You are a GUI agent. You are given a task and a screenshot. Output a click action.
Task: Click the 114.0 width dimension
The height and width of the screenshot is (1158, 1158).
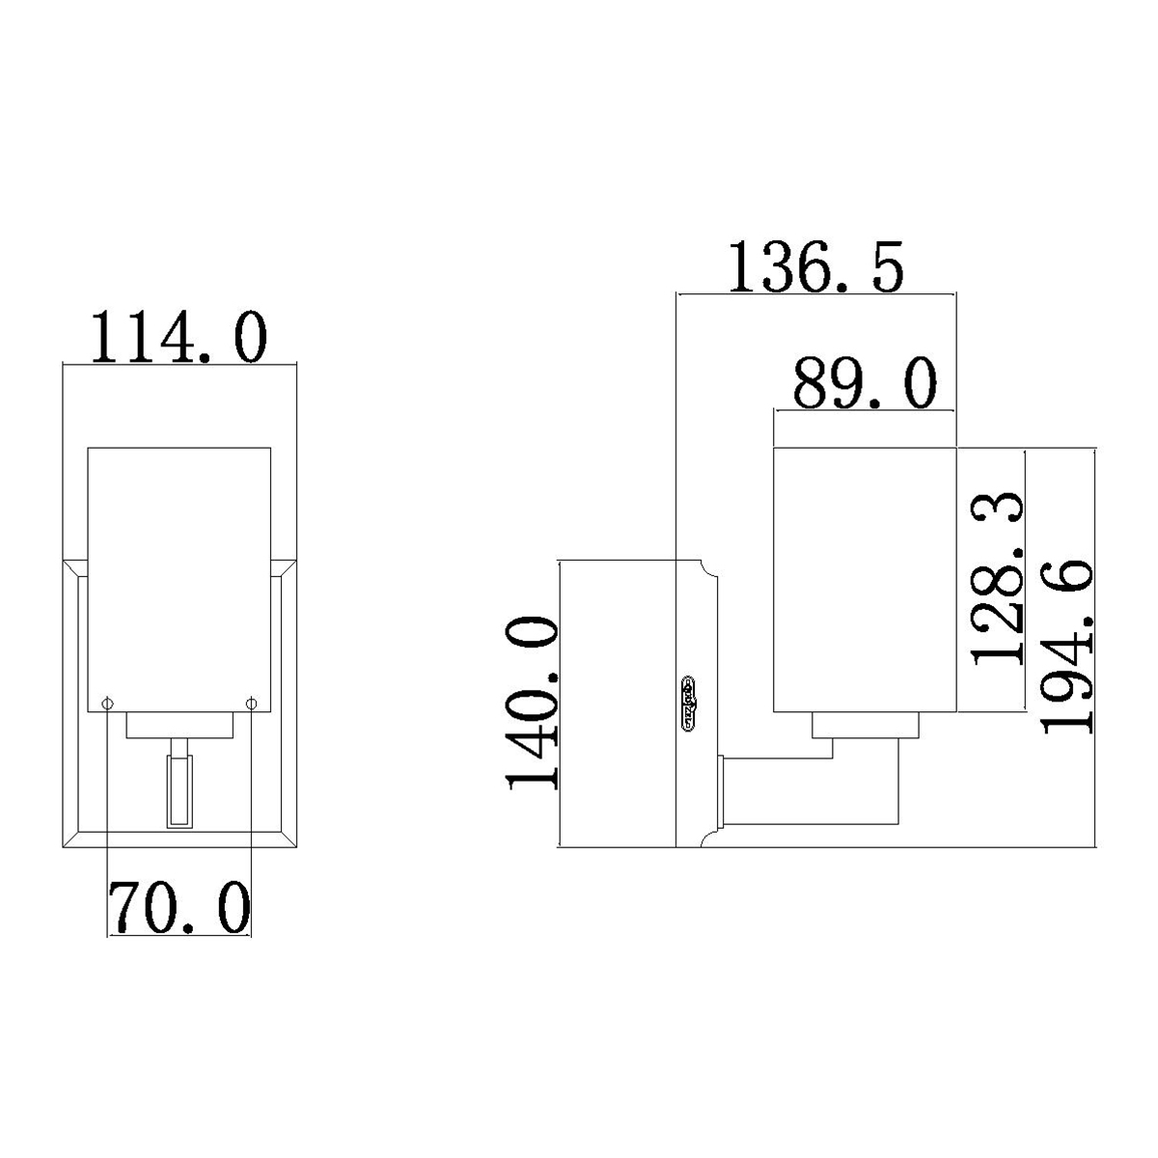(x=179, y=338)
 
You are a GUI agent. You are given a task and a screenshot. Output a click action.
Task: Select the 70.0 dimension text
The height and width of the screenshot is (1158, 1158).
(x=179, y=908)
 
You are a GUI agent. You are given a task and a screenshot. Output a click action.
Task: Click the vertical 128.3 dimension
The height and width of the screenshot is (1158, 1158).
(x=997, y=579)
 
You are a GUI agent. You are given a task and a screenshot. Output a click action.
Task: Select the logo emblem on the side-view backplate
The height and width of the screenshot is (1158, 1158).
(x=690, y=703)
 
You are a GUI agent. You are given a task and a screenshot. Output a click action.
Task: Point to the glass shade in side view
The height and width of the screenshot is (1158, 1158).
(x=866, y=579)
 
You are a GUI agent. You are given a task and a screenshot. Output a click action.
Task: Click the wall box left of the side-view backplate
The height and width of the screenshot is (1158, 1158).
(x=618, y=704)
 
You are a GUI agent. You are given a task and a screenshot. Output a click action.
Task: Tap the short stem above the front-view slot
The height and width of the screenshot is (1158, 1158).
(x=179, y=748)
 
